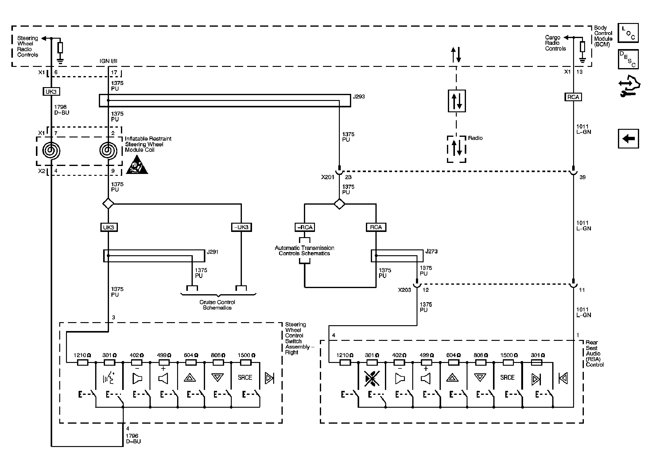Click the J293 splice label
[x=359, y=97]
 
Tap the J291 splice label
[x=212, y=252]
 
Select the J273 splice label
[x=431, y=251]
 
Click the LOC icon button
[x=628, y=33]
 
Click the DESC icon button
[x=628, y=59]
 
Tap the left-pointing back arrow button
[x=628, y=139]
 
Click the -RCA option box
[x=305, y=227]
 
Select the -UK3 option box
[x=241, y=227]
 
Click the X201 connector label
[x=328, y=177]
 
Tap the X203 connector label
[x=404, y=290]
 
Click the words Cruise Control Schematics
[x=217, y=305]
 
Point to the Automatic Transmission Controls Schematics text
[x=305, y=251]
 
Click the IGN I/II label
[x=108, y=61]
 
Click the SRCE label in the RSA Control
[x=507, y=378]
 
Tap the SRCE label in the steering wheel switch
[x=245, y=378]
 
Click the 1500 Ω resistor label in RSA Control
[x=509, y=355]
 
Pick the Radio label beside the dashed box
[x=475, y=138]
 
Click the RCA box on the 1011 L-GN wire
[x=573, y=97]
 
